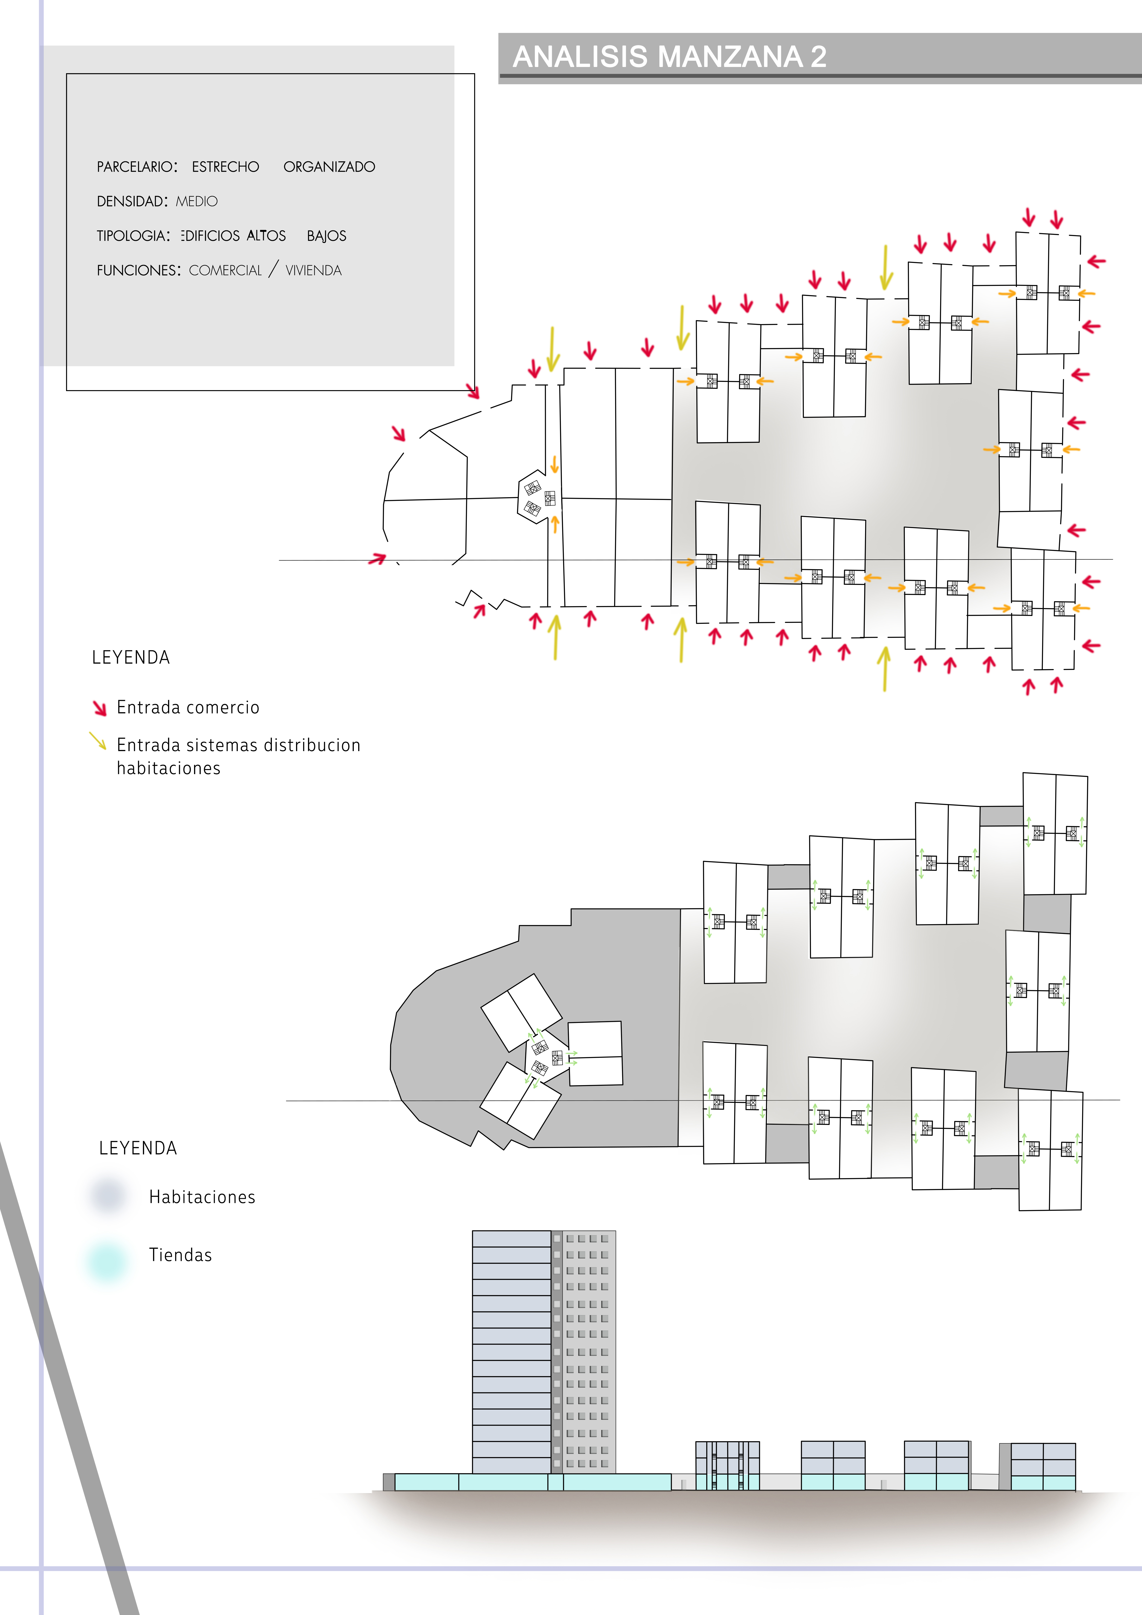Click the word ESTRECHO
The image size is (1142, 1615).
click(x=225, y=167)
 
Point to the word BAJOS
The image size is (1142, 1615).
click(x=326, y=236)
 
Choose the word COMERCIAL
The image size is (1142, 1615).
click(x=225, y=270)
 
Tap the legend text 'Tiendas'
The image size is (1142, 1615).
click(x=180, y=1255)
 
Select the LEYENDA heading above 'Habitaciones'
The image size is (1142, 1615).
click(x=138, y=1148)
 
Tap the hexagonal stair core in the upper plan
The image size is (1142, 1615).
click(x=538, y=497)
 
